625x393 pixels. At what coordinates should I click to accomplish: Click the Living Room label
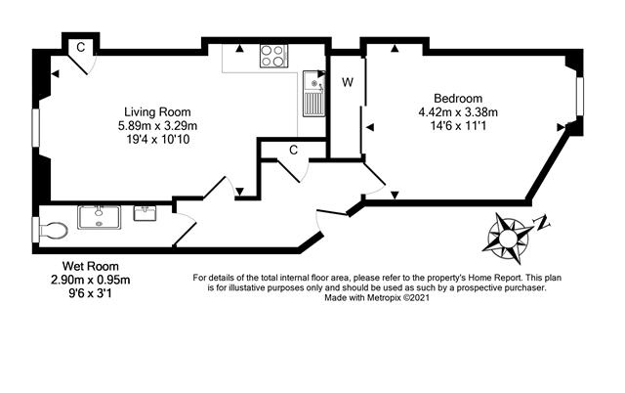157,112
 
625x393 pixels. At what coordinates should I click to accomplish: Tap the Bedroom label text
458,98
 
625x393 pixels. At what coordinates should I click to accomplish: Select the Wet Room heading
91,266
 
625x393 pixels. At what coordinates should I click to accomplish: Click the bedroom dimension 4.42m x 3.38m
458,112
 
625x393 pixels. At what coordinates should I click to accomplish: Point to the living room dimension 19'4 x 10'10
157,139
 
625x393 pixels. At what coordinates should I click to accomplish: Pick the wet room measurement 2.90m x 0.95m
91,280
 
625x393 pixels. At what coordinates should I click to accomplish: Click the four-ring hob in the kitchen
273,56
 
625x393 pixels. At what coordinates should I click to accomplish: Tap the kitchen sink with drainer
314,94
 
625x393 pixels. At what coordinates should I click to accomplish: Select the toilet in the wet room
53,231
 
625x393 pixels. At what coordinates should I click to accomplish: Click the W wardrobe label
348,82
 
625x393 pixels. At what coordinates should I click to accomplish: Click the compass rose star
507,239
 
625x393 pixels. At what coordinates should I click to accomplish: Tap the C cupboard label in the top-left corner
81,48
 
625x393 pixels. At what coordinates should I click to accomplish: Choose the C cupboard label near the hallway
293,150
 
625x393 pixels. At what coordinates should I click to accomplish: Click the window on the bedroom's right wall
580,97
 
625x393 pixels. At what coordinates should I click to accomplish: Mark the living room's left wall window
36,128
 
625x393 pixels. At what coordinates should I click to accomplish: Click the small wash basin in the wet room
145,213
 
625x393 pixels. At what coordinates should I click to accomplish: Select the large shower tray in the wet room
99,217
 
